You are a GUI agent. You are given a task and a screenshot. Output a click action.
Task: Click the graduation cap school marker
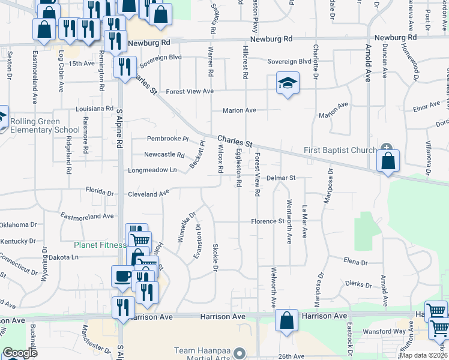coord(288,83)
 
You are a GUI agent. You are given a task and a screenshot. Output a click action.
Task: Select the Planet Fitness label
coord(100,245)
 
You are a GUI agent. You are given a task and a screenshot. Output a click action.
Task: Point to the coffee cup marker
coord(122,276)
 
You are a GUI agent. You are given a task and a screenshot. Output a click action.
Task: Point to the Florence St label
coord(267,221)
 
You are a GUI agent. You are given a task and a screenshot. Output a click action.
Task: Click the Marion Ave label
coord(239,110)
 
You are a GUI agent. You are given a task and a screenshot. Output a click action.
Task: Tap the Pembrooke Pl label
coord(167,139)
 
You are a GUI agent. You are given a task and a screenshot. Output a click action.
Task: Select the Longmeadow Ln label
coord(152,170)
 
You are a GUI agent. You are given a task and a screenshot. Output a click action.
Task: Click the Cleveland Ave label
coord(148,194)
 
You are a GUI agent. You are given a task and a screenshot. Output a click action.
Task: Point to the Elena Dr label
coord(355,262)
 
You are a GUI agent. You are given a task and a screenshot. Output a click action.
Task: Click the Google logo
coord(20,353)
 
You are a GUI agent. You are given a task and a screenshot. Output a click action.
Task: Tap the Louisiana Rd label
coord(94,109)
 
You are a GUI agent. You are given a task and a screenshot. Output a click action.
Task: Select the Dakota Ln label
coord(62,257)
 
